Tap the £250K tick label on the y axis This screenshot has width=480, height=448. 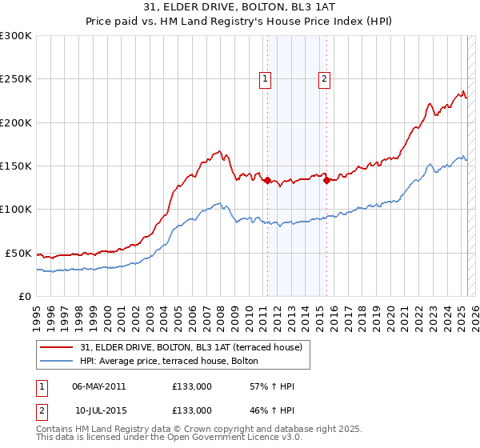point(16,79)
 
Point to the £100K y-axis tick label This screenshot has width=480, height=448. point(16,209)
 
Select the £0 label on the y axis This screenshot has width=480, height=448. point(26,296)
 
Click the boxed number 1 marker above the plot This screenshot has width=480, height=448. point(265,78)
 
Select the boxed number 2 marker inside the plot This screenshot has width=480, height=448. point(325,78)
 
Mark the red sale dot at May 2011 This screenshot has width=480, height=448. point(267,181)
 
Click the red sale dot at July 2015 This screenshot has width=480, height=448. point(326,181)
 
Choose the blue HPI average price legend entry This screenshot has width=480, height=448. point(168,361)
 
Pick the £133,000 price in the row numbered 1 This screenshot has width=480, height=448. point(192,386)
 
